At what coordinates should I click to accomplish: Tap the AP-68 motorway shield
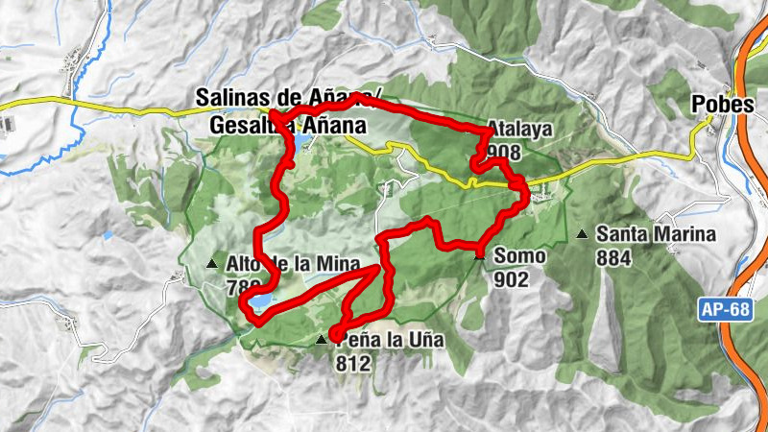click(719, 309)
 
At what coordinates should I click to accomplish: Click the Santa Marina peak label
click(656, 233)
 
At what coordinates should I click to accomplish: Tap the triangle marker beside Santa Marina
click(582, 234)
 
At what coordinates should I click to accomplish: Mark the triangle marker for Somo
click(479, 255)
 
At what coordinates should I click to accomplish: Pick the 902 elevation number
click(513, 279)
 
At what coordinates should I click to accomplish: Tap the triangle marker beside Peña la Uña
click(321, 341)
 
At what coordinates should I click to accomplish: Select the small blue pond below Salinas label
click(301, 143)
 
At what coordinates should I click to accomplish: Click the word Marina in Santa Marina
click(684, 233)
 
